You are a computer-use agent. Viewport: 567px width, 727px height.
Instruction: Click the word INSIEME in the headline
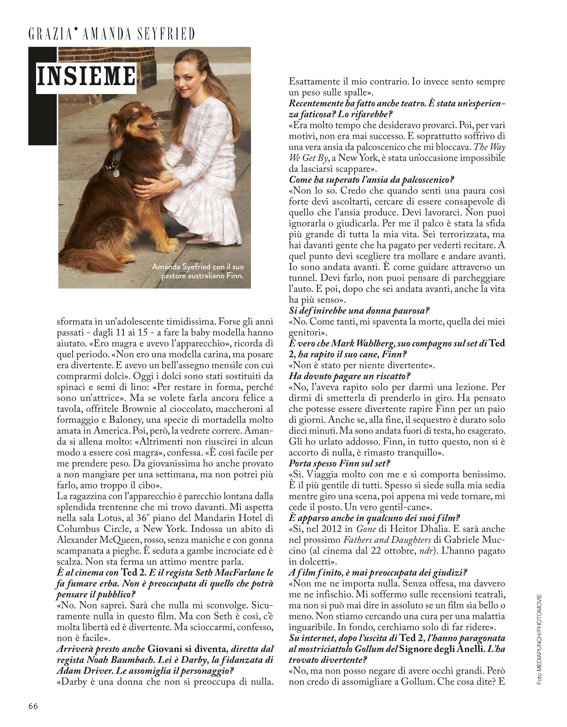[86, 76]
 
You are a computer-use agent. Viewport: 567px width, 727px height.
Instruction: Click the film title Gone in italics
[364, 529]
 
